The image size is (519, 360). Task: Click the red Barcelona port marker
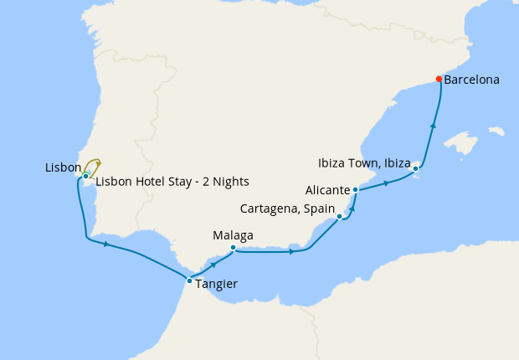pyautogui.click(x=439, y=80)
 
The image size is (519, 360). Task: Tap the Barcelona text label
pyautogui.click(x=472, y=80)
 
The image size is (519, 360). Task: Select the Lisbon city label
pyautogui.click(x=63, y=168)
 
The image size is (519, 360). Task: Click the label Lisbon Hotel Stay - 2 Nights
pyautogui.click(x=172, y=182)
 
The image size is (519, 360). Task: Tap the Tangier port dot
pyautogui.click(x=190, y=280)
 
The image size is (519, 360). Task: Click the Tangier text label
pyautogui.click(x=217, y=284)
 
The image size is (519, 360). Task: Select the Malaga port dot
pyautogui.click(x=233, y=247)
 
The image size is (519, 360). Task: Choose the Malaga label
pyautogui.click(x=234, y=235)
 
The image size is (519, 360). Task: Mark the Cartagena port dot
pyautogui.click(x=339, y=216)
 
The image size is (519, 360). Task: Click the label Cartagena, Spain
pyautogui.click(x=287, y=208)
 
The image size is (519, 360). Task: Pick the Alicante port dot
pyautogui.click(x=356, y=190)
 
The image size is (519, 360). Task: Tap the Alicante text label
pyautogui.click(x=328, y=191)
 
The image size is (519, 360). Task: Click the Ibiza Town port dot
pyautogui.click(x=416, y=169)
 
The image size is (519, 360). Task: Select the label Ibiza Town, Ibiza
pyautogui.click(x=365, y=162)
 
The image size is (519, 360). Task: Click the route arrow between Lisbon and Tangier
pyautogui.click(x=106, y=244)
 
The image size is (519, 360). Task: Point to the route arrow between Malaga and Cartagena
pyautogui.click(x=291, y=251)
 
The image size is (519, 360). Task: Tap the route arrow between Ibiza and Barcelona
pyautogui.click(x=433, y=125)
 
